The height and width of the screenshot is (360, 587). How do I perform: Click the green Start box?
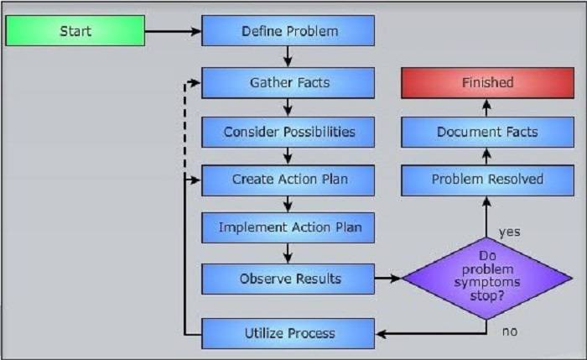click(x=75, y=32)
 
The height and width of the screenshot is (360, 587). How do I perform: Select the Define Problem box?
click(x=289, y=32)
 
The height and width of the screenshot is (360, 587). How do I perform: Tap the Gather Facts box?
click(x=289, y=83)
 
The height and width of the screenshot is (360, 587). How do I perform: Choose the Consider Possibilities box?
click(x=289, y=132)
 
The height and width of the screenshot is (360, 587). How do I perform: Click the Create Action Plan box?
click(x=289, y=180)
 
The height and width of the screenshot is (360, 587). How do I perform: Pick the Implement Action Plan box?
click(x=289, y=227)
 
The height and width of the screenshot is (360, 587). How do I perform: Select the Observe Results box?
click(x=289, y=278)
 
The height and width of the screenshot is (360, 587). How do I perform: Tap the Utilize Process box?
click(x=289, y=333)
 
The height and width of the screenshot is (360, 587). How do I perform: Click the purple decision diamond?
click(x=487, y=278)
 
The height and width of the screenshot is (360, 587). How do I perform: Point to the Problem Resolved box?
click(x=487, y=180)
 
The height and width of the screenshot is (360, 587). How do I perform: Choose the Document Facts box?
click(x=487, y=132)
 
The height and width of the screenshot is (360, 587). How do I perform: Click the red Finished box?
click(x=487, y=83)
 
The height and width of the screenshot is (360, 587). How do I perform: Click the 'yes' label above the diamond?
click(x=510, y=231)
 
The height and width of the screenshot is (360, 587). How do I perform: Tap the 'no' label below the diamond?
click(x=510, y=331)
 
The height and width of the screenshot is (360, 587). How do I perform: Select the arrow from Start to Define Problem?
click(x=173, y=33)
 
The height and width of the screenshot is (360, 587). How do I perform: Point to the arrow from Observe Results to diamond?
click(x=387, y=278)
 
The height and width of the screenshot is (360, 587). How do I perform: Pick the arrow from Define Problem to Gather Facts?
click(x=289, y=57)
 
